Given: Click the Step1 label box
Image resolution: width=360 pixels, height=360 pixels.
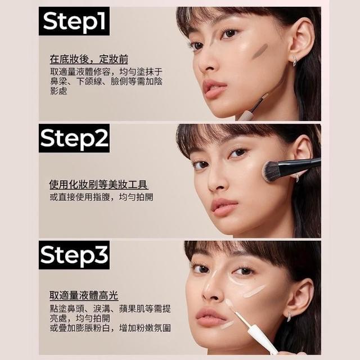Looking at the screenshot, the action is click(74, 21).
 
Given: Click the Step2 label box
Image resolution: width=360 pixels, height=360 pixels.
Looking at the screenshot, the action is click(74, 138).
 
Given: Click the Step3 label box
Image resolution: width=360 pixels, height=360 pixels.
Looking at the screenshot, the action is click(74, 255).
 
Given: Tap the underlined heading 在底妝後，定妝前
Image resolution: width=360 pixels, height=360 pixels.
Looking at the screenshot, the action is click(89, 59).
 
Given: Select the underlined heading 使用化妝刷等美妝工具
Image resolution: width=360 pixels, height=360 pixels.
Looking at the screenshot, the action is click(98, 184).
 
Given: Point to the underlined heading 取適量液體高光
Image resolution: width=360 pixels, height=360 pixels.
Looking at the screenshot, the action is click(84, 295).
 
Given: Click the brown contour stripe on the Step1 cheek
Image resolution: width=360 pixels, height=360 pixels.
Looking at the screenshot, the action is click(260, 51).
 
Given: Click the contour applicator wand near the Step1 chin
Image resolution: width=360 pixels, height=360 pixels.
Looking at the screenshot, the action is click(254, 107).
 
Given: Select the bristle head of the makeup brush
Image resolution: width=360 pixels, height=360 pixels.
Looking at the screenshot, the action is click(272, 172).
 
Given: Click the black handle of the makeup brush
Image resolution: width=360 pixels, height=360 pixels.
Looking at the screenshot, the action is click(301, 164).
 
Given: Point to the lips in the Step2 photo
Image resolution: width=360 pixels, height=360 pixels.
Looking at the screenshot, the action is click(224, 206).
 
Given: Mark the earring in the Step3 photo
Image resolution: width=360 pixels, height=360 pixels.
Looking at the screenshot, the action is click(289, 316).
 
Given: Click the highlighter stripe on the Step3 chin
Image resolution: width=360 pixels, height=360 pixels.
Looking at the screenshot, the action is click(227, 325).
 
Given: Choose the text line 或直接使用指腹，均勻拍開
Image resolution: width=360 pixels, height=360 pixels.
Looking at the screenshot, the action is click(101, 197).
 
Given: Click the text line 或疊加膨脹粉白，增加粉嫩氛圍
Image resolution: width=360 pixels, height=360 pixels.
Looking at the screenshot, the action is click(110, 328).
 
